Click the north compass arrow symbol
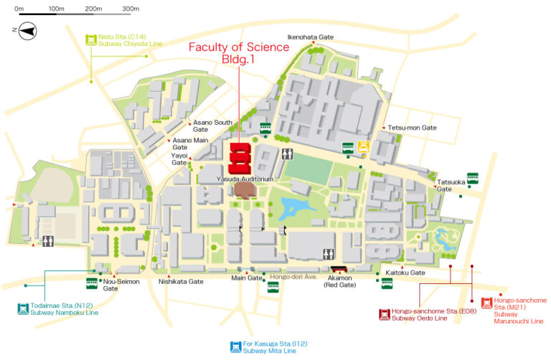tap(27, 30)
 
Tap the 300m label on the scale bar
tap(131, 9)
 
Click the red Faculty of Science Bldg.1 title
tap(239, 54)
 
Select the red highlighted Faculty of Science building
tap(240, 157)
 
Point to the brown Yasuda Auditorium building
tap(244, 190)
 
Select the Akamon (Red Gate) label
tap(342, 280)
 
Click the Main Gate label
tap(242, 278)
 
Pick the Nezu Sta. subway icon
tap(91, 39)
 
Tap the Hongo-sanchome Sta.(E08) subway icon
tap(384, 313)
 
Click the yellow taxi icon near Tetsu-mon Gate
tap(364, 147)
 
